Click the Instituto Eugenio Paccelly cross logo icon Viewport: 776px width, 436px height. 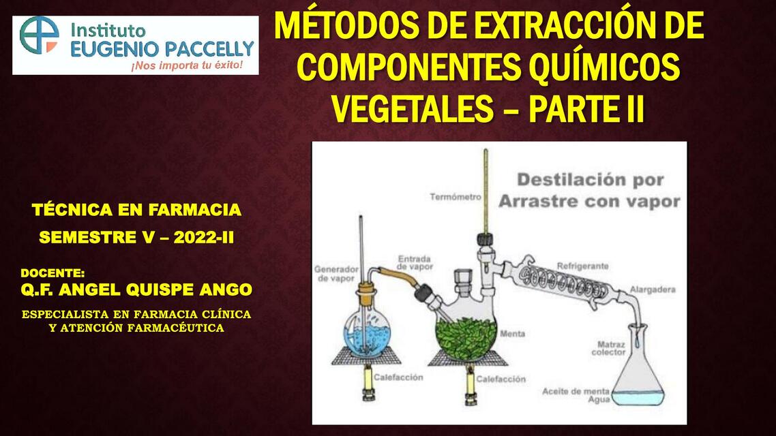click(39, 35)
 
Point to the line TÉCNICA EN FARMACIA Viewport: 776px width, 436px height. click(136, 210)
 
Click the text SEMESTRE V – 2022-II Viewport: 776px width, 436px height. click(136, 238)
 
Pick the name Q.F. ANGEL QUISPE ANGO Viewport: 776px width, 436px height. click(136, 290)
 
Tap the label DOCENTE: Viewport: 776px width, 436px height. click(53, 272)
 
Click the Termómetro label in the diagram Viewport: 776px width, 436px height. click(456, 197)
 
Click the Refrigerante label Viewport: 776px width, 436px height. click(582, 266)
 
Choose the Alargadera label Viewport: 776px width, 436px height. click(653, 290)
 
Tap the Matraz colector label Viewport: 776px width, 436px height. click(608, 348)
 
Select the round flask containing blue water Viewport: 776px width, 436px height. click(368, 333)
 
